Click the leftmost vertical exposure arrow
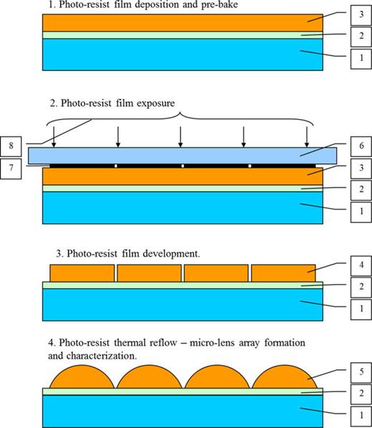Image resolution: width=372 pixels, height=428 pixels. pyautogui.click(x=54, y=135)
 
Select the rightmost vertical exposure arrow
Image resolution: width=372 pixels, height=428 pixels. pyautogui.click(x=307, y=135)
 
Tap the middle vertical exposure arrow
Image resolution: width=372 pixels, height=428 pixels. pyautogui.click(x=181, y=135)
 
